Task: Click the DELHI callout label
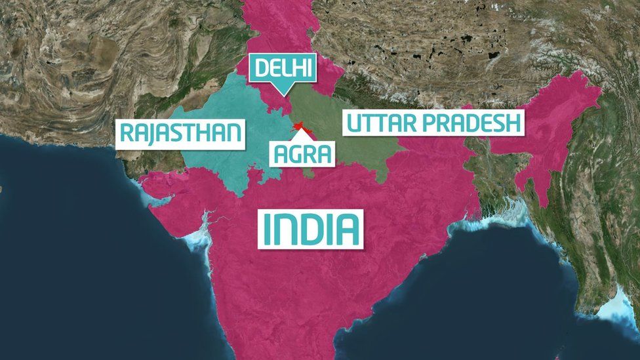283,68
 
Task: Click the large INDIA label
310,229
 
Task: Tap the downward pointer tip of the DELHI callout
283,94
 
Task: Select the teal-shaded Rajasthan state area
216,164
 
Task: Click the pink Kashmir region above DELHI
279,26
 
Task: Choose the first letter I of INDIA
267,229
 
